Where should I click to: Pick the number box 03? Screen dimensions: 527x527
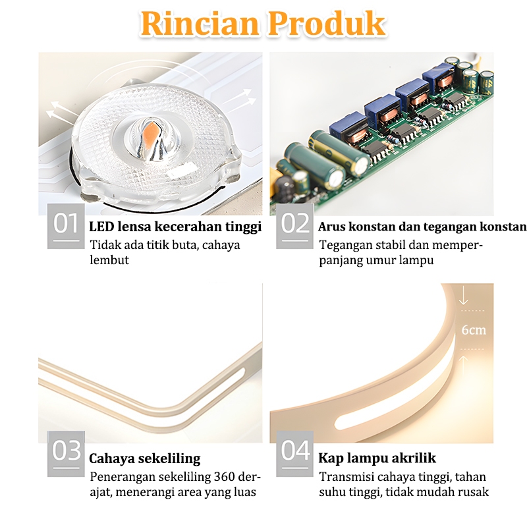pos(66,452)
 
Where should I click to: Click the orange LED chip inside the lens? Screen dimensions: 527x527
pos(148,125)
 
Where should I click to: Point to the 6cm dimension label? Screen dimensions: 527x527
pos(474,329)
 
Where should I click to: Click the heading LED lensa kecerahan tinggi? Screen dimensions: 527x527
pos(175,227)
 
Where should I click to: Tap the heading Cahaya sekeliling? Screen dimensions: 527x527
pos(145,458)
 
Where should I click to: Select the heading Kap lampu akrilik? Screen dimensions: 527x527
pos(377,458)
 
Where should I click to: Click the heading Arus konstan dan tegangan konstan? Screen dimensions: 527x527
pos(422,227)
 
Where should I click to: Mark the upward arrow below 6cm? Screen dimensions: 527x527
pos(464,362)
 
